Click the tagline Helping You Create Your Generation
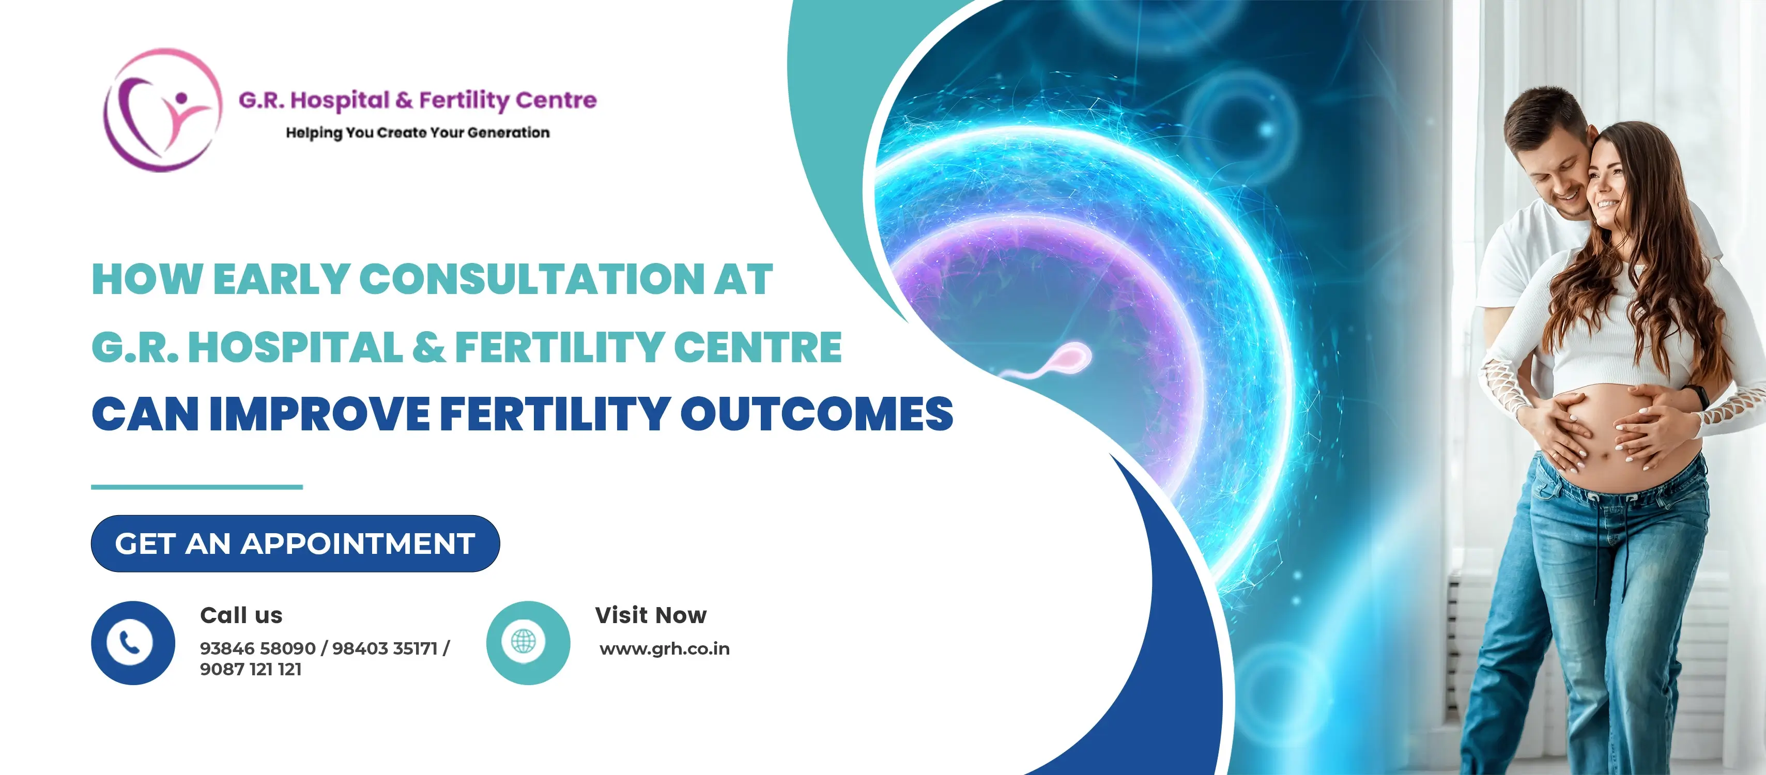coord(418,133)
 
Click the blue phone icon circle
coord(133,643)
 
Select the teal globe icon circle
coord(528,643)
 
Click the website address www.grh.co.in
coord(664,649)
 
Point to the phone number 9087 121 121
coord(251,670)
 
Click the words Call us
coord(241,615)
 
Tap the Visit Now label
coord(651,615)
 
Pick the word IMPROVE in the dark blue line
coord(319,414)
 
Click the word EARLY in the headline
coord(282,280)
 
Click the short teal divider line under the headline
coord(197,487)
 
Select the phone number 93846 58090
coord(258,648)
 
